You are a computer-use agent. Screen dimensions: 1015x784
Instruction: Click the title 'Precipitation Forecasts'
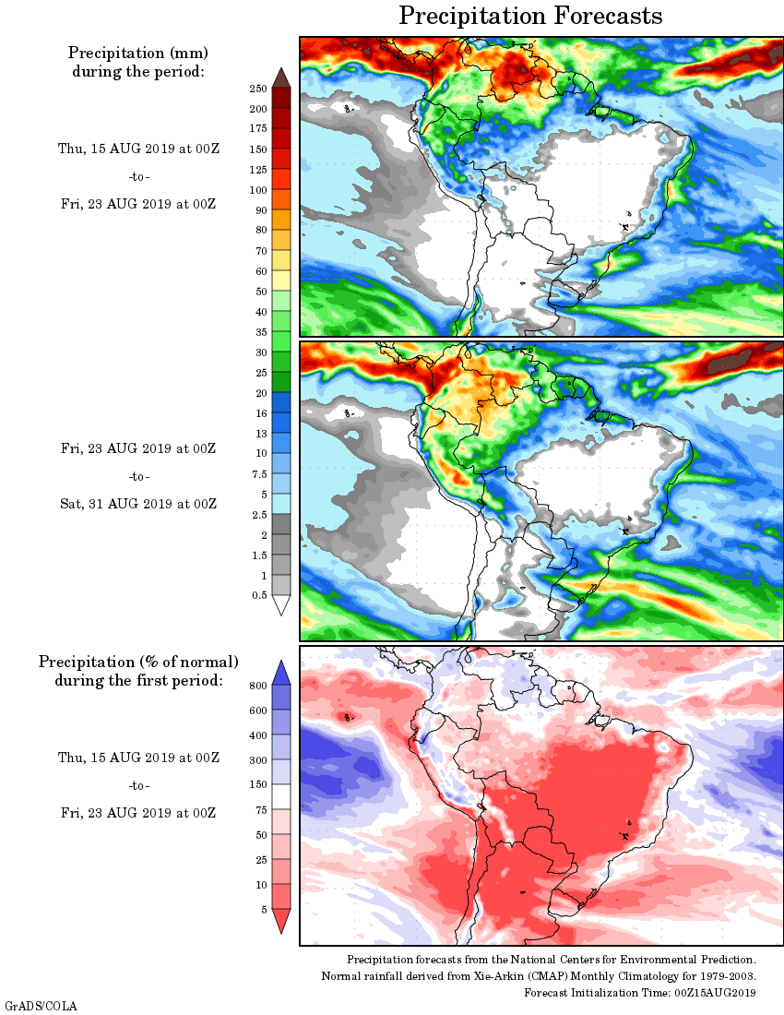coord(530,17)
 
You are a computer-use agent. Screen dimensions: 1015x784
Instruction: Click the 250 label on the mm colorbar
coord(257,89)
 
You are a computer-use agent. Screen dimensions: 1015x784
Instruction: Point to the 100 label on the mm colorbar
coord(257,190)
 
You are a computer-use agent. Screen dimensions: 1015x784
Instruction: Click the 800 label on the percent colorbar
coord(257,686)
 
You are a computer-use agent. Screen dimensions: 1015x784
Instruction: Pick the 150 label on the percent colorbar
coord(257,785)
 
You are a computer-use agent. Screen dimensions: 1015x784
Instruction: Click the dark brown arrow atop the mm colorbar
coord(281,78)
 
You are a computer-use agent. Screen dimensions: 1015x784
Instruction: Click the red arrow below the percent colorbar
coord(281,920)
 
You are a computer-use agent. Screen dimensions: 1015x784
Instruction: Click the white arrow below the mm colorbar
coord(281,604)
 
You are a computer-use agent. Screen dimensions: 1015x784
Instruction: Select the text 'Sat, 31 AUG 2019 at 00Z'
coord(138,504)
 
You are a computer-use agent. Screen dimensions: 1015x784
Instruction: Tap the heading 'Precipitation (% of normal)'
coord(138,663)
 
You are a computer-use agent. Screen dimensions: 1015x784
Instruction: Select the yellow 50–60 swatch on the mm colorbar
coord(281,281)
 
